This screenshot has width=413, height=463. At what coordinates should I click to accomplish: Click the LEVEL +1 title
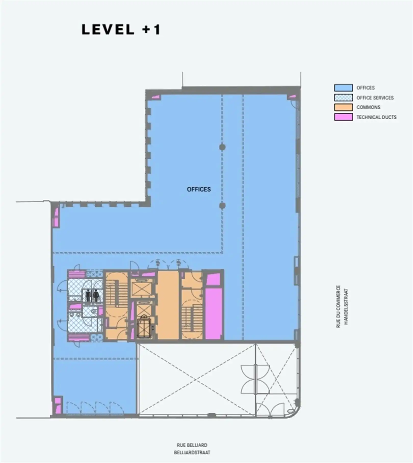pyautogui.click(x=121, y=30)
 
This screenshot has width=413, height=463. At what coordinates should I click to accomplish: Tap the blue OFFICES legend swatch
pyautogui.click(x=343, y=88)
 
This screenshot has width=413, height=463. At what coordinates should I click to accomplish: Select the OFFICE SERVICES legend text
pyautogui.click(x=375, y=98)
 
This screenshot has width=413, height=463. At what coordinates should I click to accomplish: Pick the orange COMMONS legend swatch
pyautogui.click(x=343, y=107)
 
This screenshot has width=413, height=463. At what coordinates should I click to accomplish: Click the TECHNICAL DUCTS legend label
pyautogui.click(x=376, y=117)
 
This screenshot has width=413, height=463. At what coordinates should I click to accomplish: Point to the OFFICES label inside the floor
pyautogui.click(x=199, y=189)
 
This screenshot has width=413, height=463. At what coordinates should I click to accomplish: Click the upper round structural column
pyautogui.click(x=222, y=147)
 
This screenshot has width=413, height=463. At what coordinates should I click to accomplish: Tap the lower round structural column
pyautogui.click(x=222, y=205)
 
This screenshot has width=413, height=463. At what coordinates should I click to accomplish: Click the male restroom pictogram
pyautogui.click(x=88, y=295)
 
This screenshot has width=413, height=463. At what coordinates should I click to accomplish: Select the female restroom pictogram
pyautogui.click(x=96, y=295)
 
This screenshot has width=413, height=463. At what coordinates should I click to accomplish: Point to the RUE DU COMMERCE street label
pyautogui.click(x=338, y=306)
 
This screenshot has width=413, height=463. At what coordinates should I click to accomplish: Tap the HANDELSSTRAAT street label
pyautogui.click(x=346, y=306)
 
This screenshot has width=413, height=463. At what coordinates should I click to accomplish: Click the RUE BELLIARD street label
pyautogui.click(x=192, y=445)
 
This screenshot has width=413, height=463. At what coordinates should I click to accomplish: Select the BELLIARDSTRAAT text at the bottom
pyautogui.click(x=192, y=453)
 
